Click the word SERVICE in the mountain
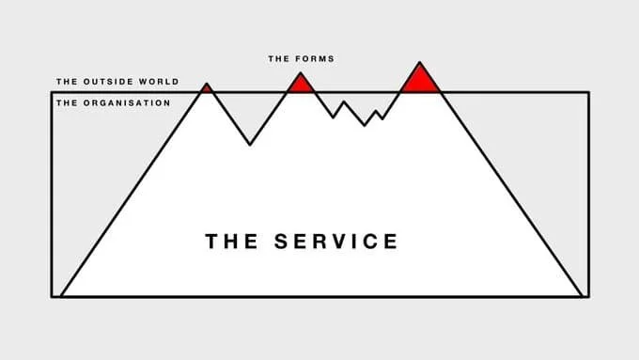(335, 241)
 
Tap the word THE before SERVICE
(233, 241)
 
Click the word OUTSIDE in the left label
(104, 83)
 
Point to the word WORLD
(157, 83)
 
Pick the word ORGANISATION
(125, 102)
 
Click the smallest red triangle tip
(207, 87)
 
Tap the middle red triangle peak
(301, 83)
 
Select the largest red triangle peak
(419, 78)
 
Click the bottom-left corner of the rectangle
(53, 296)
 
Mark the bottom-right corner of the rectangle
(588, 296)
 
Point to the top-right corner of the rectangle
(588, 92)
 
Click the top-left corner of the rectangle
(53, 92)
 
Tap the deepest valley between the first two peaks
(250, 144)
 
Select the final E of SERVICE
(390, 241)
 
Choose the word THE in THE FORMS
(279, 59)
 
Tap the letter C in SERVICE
(371, 241)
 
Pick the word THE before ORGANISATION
(66, 102)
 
